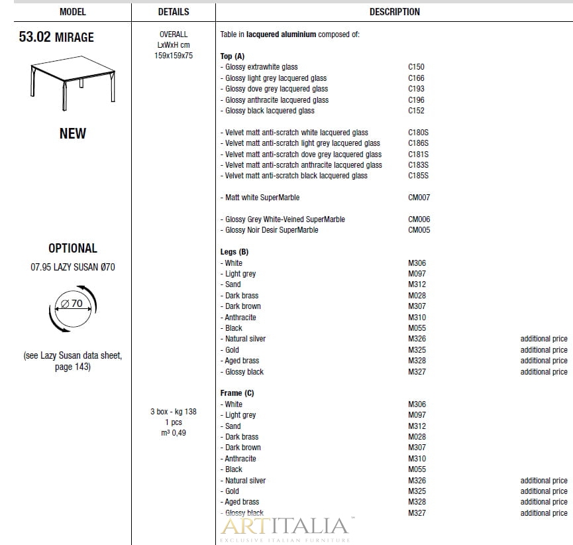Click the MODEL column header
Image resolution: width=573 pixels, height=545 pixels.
pyautogui.click(x=72, y=12)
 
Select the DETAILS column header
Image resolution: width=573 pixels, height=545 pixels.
pyautogui.click(x=174, y=12)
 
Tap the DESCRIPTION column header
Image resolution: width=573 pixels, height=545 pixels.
pyautogui.click(x=394, y=12)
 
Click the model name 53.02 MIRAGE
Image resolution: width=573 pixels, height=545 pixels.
pyautogui.click(x=56, y=37)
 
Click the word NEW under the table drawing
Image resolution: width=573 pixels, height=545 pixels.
pyautogui.click(x=72, y=133)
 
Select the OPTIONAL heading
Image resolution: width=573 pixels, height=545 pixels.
pyautogui.click(x=72, y=248)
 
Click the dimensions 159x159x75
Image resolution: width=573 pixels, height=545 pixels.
pyautogui.click(x=174, y=56)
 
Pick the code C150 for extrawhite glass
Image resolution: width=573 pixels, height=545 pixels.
pyautogui.click(x=416, y=67)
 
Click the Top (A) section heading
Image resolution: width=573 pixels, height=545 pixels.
pyautogui.click(x=233, y=56)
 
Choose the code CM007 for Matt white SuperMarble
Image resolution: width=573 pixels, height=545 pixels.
pyautogui.click(x=419, y=198)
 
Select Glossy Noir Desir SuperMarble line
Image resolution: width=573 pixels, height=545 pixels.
pyautogui.click(x=272, y=230)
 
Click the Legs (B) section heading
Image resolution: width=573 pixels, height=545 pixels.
pyautogui.click(x=234, y=252)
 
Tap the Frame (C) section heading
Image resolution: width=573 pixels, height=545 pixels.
pyautogui.click(x=237, y=393)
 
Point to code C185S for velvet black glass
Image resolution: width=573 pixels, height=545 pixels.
pyautogui.click(x=418, y=176)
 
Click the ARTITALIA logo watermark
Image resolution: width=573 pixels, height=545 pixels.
pyautogui.click(x=284, y=527)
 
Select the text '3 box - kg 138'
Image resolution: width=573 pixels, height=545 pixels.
pyautogui.click(x=174, y=412)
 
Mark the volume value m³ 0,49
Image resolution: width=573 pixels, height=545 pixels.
pyautogui.click(x=174, y=433)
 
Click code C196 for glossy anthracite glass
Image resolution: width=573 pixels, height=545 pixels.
pyautogui.click(x=416, y=100)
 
